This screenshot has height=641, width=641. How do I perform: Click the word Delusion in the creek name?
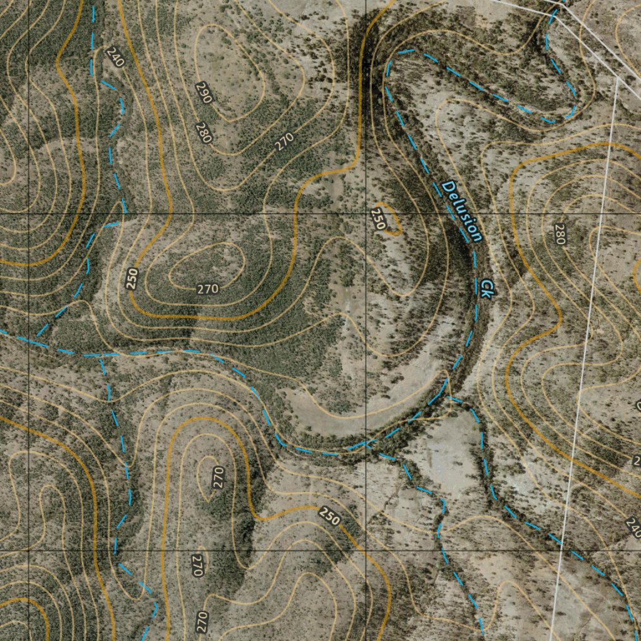(x=462, y=212)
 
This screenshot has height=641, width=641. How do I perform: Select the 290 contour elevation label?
(x=204, y=92)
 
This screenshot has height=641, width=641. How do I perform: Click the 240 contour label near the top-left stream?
(x=115, y=58)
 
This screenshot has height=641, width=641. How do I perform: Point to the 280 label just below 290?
(x=203, y=133)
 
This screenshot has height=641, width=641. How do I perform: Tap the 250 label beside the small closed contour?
(x=378, y=219)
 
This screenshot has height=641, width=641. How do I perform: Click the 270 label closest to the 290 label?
(x=284, y=142)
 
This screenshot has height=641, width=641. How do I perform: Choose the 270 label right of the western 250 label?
(x=207, y=289)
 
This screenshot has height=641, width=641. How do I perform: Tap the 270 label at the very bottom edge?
(x=202, y=622)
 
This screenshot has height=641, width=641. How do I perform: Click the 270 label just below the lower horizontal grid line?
(x=198, y=565)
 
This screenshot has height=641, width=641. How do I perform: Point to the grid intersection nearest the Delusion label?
(x=366, y=213)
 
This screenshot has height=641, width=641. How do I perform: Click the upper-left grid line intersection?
(x=29, y=213)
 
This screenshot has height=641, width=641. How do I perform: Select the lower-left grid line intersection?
(x=29, y=551)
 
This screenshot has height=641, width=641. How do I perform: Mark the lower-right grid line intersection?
(x=366, y=551)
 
